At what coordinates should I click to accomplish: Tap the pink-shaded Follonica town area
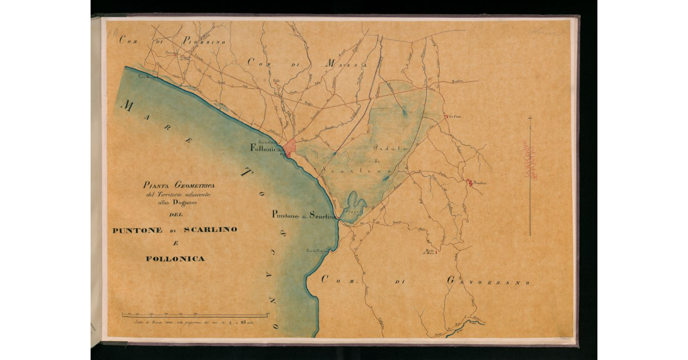(290, 147)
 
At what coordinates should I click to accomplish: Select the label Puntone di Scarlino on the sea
(303, 216)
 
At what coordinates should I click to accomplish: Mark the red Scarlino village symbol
(470, 183)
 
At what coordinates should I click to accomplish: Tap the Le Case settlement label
(455, 117)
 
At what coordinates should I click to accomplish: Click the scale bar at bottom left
(194, 315)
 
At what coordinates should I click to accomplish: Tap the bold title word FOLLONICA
(175, 259)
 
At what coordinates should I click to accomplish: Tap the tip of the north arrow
(530, 116)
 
